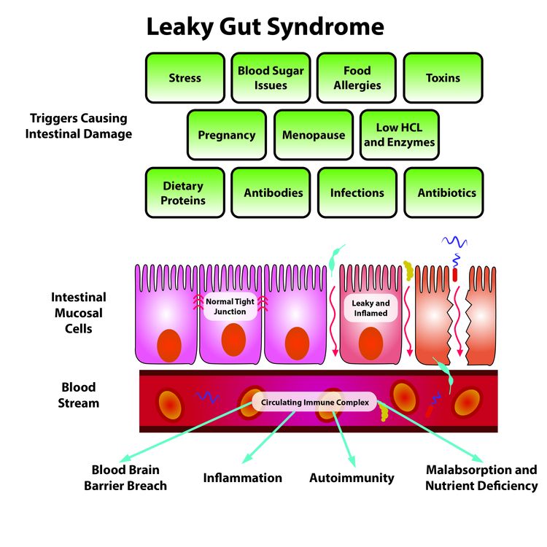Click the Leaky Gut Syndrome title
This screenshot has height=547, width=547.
pos(265,27)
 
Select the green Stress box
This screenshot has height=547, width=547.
pos(185,77)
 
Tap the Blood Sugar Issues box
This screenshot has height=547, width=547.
pos(271,77)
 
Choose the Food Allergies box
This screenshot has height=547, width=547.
pos(357,77)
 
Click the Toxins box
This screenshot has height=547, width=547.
pos(443,77)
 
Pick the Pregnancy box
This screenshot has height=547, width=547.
pos(227,135)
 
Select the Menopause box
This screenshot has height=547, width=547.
pos(314,135)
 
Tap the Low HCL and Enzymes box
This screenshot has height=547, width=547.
pos(399,135)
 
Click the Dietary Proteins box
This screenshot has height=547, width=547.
pos(185,193)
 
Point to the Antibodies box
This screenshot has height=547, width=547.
pos(271,193)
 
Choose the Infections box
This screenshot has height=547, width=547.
pos(357,193)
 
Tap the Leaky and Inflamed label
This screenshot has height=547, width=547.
pos(371,308)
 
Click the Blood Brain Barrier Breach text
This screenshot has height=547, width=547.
pos(129,478)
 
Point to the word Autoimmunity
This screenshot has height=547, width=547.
pos(352,478)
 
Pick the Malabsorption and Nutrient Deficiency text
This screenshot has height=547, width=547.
pos(481,478)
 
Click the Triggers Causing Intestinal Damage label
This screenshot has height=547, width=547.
pos(78,125)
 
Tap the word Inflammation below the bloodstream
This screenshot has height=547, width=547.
pos(242,478)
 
